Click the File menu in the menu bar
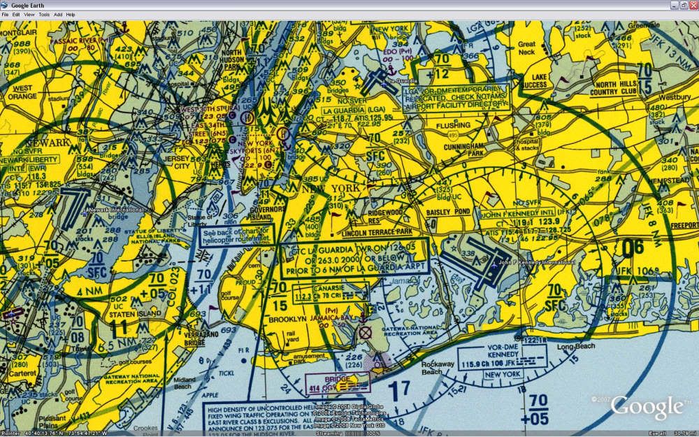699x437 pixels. (x=5, y=14)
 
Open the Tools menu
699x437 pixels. (x=44, y=14)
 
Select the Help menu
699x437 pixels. (x=71, y=14)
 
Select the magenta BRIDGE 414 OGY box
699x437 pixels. (x=331, y=382)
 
